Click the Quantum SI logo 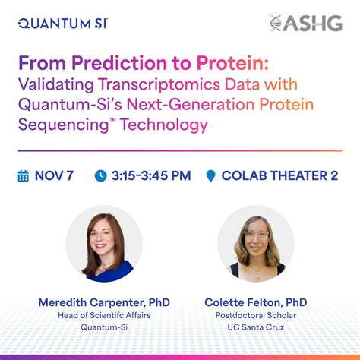coord(62,23)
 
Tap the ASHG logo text coord(317,24)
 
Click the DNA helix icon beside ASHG coord(277,24)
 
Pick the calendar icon coord(24,175)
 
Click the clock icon coord(100,176)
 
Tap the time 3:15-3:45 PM coord(151,176)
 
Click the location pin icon coord(211,176)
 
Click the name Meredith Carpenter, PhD coord(104,302)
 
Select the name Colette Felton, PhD coord(255,302)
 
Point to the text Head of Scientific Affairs coord(104,316)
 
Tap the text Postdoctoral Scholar coord(255,316)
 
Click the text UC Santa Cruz coord(255,328)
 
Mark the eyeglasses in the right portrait coord(257,235)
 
